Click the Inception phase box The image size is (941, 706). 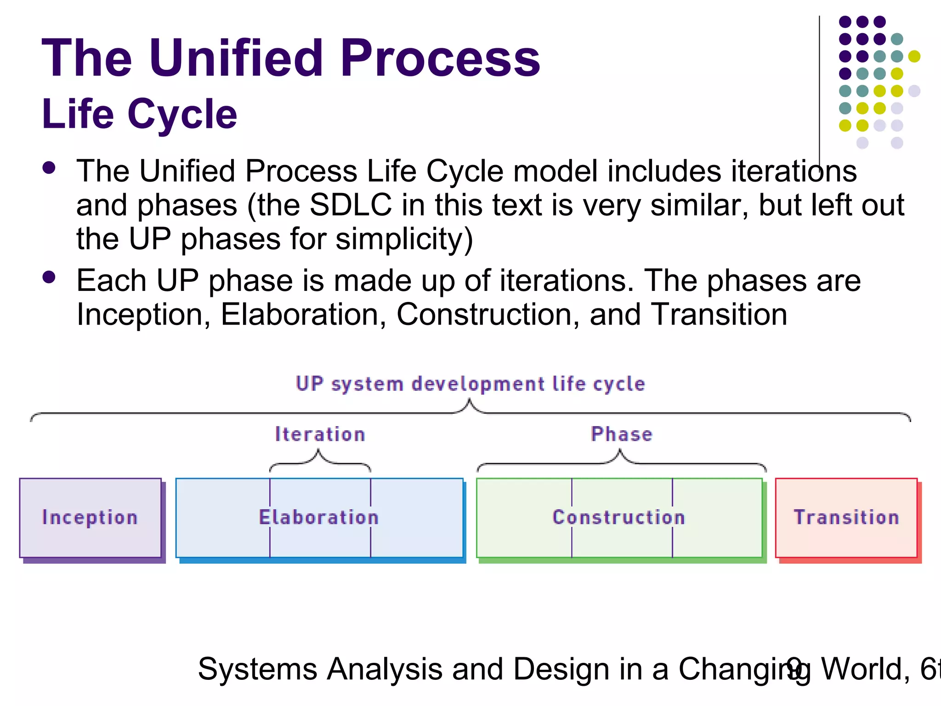[90, 518]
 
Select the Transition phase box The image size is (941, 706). [846, 518]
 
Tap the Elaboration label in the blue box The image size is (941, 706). [319, 518]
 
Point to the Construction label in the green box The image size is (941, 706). [618, 518]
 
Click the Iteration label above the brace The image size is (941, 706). [320, 434]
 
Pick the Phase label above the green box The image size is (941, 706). [621, 434]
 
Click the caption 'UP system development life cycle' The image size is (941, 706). [470, 384]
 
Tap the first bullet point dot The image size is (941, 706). [49, 168]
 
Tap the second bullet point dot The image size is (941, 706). [49, 277]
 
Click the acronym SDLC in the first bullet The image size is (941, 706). [351, 205]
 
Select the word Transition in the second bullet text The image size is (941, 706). [719, 315]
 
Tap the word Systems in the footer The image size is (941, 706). [257, 669]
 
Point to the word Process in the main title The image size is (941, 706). [440, 58]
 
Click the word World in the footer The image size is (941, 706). [865, 669]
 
